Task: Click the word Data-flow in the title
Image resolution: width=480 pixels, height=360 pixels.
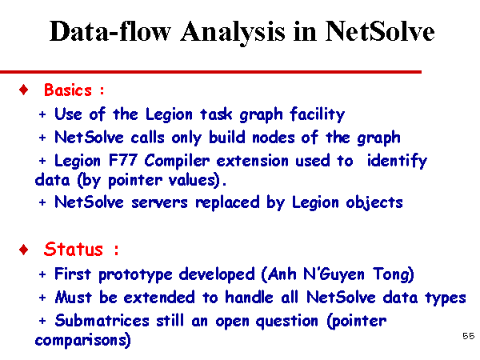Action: click(110, 31)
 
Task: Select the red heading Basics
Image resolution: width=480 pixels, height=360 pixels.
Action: click(68, 90)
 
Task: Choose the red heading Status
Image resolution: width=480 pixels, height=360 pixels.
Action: click(73, 249)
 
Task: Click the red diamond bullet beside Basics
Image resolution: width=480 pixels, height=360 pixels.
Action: click(23, 90)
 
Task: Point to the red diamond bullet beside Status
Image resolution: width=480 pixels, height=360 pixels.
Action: click(23, 250)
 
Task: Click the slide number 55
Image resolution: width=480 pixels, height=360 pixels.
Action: click(468, 336)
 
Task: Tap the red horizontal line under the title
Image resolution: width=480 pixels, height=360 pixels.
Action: click(210, 72)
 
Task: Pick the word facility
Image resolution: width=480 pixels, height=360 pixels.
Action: click(317, 114)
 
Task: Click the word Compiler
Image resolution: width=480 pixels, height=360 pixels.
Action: click(177, 161)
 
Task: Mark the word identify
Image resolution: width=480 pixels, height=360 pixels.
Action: click(397, 161)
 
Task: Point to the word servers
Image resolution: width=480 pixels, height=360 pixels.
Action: click(159, 203)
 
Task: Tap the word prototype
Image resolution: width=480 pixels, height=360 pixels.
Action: click(135, 274)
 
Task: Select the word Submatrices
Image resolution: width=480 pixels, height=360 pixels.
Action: click(102, 321)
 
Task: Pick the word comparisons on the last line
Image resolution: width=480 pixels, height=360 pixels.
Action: click(81, 341)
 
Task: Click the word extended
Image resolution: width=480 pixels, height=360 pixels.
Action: click(159, 298)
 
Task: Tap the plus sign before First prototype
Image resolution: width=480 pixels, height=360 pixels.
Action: click(42, 274)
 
